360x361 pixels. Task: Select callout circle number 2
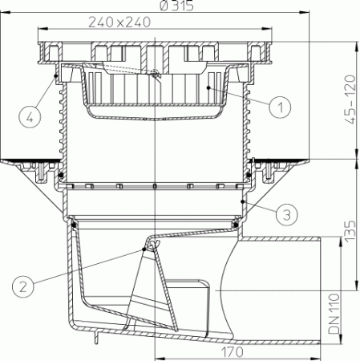[24, 283]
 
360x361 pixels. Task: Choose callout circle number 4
[29, 117]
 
